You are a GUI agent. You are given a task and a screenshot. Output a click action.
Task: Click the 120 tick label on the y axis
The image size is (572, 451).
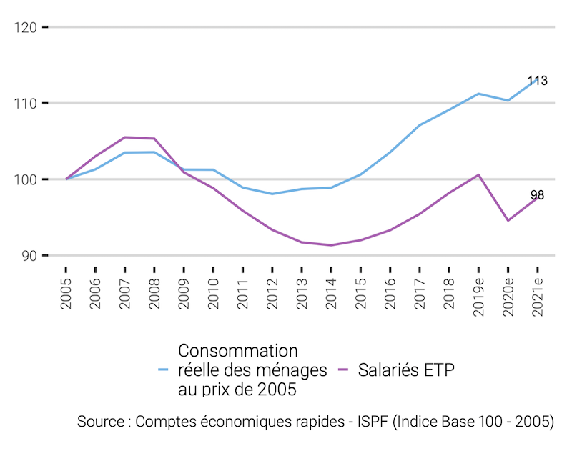[x=26, y=27]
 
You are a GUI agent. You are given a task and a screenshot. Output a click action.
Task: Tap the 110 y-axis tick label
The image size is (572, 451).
[x=26, y=104]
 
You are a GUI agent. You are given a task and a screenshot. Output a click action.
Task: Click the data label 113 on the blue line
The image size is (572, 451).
[x=538, y=81]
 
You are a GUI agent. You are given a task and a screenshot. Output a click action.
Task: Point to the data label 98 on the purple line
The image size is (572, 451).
[x=537, y=195]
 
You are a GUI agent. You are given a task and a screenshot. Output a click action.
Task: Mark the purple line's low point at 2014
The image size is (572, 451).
[x=331, y=245]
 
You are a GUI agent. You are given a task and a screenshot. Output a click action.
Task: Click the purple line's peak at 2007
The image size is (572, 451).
[x=125, y=137]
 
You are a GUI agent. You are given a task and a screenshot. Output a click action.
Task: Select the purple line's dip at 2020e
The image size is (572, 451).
[x=508, y=220]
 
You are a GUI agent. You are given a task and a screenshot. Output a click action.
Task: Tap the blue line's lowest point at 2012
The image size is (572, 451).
[x=272, y=194]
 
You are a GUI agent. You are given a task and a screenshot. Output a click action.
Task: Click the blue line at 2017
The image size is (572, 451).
[x=420, y=125]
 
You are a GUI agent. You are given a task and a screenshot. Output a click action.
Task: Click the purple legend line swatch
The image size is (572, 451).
[x=345, y=370]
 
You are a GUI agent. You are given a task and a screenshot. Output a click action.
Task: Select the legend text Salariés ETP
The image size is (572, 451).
[x=406, y=370]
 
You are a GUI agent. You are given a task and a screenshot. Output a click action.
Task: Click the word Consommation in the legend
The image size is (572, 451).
[x=237, y=351]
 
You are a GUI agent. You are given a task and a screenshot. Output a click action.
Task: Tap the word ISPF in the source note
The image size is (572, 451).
[x=373, y=422]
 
